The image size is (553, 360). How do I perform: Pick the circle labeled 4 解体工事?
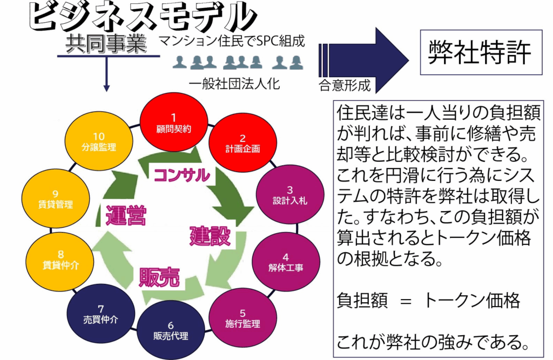point(286,260)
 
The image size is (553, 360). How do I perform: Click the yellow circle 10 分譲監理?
point(98,140)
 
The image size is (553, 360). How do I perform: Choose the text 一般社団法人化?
point(234,84)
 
